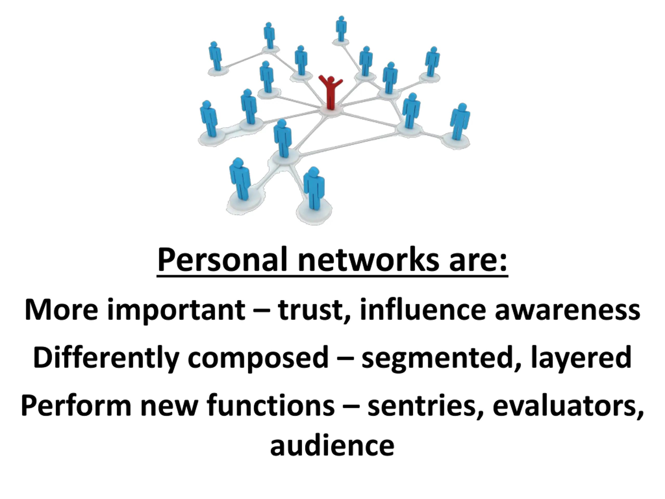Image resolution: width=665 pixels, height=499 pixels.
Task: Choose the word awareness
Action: click(567, 310)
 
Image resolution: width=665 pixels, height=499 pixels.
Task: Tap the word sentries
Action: click(425, 407)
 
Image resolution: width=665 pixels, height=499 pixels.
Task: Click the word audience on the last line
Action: click(332, 446)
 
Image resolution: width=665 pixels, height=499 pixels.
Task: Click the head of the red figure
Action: click(331, 80)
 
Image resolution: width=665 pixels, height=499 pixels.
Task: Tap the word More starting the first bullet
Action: click(61, 310)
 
